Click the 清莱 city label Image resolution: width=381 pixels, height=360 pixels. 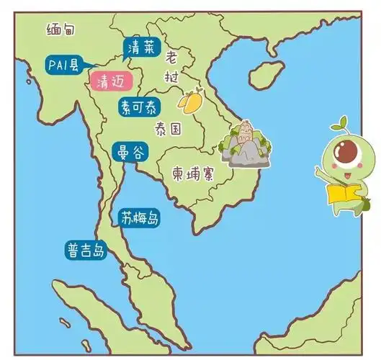point(138,48)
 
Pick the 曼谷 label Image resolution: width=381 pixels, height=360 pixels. point(130,153)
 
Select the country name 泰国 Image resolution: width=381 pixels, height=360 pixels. point(167,129)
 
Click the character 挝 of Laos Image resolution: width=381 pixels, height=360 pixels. point(172,76)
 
